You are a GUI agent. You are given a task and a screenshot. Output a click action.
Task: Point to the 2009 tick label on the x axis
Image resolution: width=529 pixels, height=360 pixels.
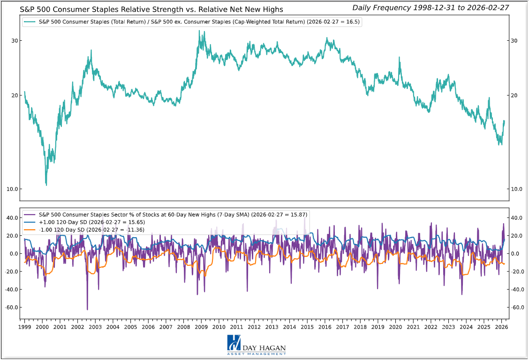[201, 327]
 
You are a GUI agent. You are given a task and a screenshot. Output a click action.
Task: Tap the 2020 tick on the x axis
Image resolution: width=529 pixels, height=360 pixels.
[395, 327]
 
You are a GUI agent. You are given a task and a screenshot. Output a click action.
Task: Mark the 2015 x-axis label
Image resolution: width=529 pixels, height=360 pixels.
[307, 327]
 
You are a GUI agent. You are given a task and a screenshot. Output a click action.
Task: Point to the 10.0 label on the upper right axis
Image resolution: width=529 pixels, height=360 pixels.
[517, 189]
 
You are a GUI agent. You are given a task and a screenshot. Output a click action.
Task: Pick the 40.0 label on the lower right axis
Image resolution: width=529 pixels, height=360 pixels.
[517, 217]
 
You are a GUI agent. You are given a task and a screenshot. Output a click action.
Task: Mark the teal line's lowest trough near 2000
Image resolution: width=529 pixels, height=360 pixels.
[46, 185]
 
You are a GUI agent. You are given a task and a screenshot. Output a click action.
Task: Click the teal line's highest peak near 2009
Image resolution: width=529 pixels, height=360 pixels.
[199, 31]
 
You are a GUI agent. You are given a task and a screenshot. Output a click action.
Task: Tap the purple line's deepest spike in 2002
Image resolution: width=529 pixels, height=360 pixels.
[87, 309]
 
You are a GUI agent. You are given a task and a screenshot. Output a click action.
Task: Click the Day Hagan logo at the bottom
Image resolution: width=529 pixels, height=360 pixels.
[257, 345]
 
